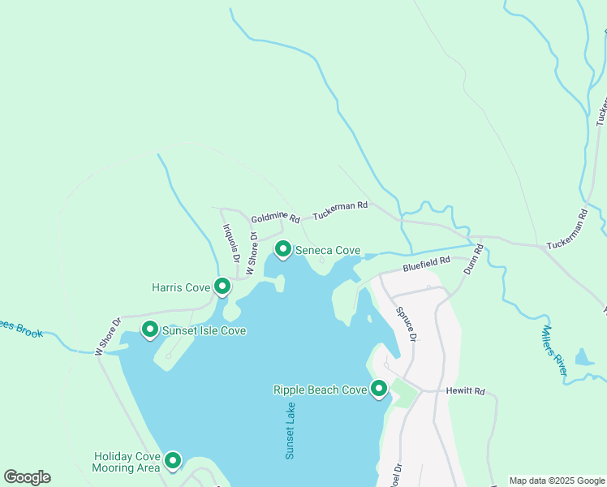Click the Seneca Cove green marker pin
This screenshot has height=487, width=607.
tap(283, 249)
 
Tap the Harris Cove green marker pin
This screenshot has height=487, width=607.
tap(222, 287)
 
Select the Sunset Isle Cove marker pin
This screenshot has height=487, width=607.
tap(150, 330)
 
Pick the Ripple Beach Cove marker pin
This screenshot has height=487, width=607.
tap(379, 390)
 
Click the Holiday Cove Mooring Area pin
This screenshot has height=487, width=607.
tap(172, 461)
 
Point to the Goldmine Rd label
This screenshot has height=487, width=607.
tap(276, 219)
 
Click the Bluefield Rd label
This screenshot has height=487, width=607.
tap(427, 264)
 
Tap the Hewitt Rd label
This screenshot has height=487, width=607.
tap(466, 391)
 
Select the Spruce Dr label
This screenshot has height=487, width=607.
tap(407, 324)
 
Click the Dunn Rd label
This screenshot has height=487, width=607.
tap(473, 258)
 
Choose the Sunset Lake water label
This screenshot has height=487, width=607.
tap(291, 430)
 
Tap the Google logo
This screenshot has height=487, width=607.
tap(27, 477)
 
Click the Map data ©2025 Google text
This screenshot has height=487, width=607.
tap(557, 481)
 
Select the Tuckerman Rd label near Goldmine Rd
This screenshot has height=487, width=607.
tap(341, 207)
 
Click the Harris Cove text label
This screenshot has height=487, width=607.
tap(181, 287)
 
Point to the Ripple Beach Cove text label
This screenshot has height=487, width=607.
tap(321, 390)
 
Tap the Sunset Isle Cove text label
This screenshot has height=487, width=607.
tap(204, 331)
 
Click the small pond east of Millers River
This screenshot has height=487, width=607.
tap(583, 356)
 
